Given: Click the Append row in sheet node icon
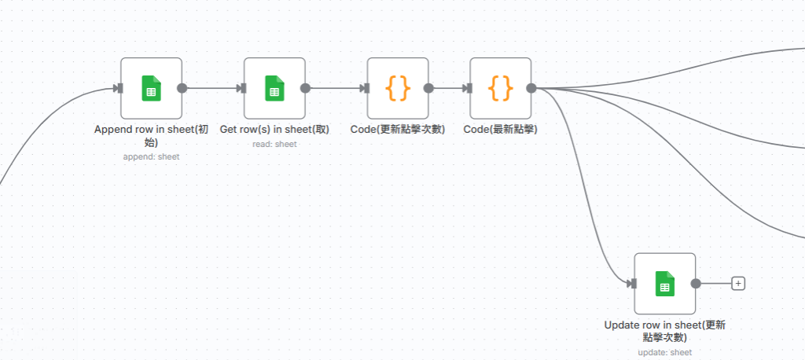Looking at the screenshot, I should pyautogui.click(x=151, y=88).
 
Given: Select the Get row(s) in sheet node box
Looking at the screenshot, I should pyautogui.click(x=274, y=88).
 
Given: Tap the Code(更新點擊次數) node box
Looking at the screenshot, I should pyautogui.click(x=398, y=88).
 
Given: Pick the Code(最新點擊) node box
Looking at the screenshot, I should pyautogui.click(x=501, y=88).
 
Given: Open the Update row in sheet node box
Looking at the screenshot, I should pyautogui.click(x=665, y=284).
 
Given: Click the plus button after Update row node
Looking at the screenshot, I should pyautogui.click(x=737, y=284).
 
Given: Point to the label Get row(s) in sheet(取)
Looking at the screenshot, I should pyautogui.click(x=274, y=129).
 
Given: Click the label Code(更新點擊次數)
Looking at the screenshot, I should pyautogui.click(x=398, y=129).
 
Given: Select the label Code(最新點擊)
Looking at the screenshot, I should pyautogui.click(x=501, y=129).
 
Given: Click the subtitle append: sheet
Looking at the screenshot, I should pyautogui.click(x=151, y=156).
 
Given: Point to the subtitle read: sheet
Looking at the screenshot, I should pyautogui.click(x=274, y=144).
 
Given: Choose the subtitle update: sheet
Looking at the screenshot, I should pyautogui.click(x=665, y=352).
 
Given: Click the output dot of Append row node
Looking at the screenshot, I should pyautogui.click(x=182, y=88).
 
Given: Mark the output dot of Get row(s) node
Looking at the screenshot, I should pyautogui.click(x=306, y=88).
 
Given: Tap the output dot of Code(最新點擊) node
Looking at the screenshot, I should pyautogui.click(x=531, y=88).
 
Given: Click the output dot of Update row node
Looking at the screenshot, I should pyautogui.click(x=696, y=284).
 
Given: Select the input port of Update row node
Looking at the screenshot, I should pyautogui.click(x=631, y=284).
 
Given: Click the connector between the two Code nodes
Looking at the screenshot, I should pyautogui.click(x=449, y=88).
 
